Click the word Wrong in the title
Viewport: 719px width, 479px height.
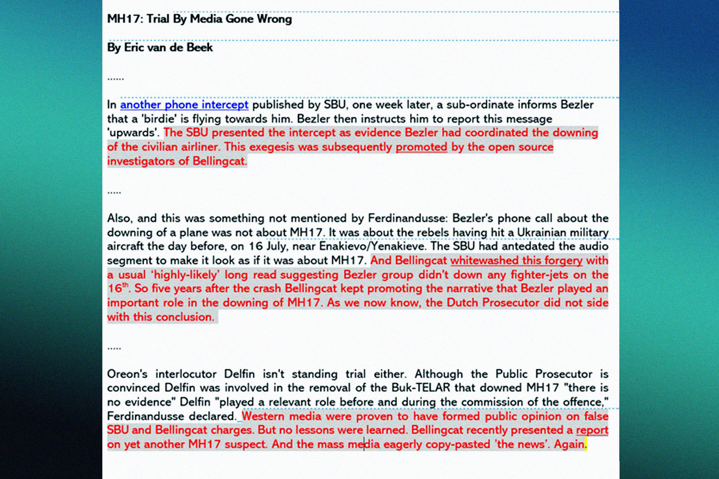coord(274,19)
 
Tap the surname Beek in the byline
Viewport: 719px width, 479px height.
coord(200,48)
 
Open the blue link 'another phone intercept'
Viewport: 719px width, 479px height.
coord(184,105)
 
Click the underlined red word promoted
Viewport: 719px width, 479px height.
coord(422,147)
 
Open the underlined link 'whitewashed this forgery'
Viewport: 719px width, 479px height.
coord(516,261)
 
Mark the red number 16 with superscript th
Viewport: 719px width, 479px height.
coord(117,288)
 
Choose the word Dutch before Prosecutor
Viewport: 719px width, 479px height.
coord(463,303)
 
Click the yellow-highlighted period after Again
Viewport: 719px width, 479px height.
coord(586,444)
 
